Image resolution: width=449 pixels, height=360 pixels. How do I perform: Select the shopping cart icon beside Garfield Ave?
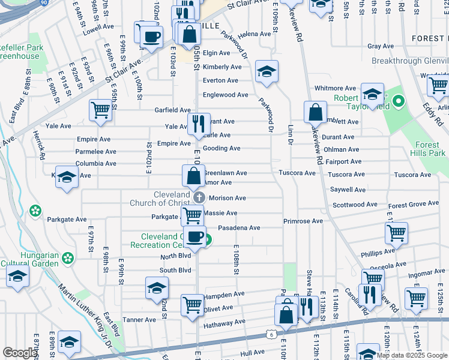pos(101,109)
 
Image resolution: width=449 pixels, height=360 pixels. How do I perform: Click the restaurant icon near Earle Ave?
pos(199,123)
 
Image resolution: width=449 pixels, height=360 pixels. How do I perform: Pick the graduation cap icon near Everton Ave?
pos(267,71)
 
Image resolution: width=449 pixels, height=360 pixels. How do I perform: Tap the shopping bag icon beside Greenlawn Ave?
pos(193,176)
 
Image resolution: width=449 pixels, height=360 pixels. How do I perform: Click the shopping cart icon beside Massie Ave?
pos(193,214)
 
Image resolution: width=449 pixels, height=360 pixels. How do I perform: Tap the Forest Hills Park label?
pos(430,149)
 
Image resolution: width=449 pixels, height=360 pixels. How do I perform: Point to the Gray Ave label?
pos(380,46)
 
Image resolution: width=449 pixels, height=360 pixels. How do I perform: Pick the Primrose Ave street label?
pos(303,221)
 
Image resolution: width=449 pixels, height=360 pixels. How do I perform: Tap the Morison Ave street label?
pos(224,198)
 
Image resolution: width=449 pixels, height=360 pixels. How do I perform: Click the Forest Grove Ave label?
pos(414,203)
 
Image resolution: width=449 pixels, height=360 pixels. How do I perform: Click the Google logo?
pos(20,353)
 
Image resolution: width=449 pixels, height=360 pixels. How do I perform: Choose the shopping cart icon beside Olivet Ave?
pos(192,304)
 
